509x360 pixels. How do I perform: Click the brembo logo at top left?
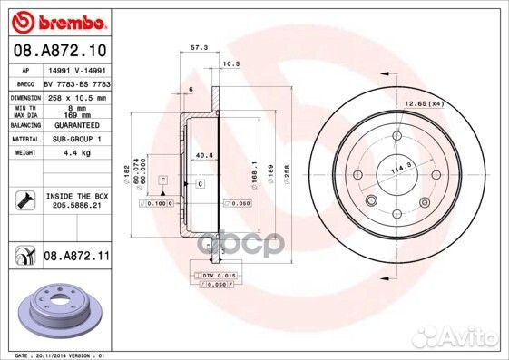click(56, 19)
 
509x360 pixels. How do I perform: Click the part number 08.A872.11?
click(75, 258)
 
